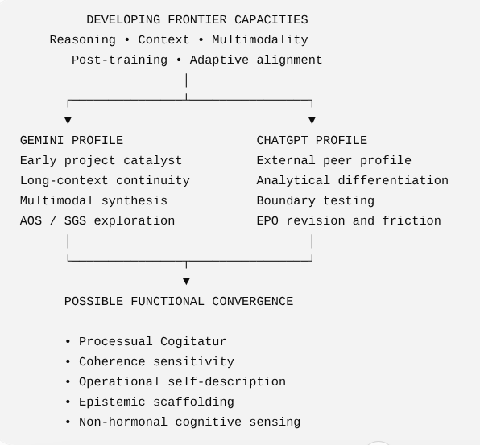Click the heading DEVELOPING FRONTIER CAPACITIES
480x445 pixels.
click(x=197, y=20)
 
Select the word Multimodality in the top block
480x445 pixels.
click(x=260, y=40)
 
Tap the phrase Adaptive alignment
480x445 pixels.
click(x=256, y=60)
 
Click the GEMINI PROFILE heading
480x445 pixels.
click(x=72, y=141)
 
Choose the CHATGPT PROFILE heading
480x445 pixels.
click(x=312, y=141)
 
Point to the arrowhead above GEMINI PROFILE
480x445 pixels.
click(x=68, y=120)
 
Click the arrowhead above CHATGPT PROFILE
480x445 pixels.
click(x=312, y=120)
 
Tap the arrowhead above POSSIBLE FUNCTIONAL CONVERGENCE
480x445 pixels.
click(x=186, y=281)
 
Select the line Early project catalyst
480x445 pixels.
click(x=101, y=161)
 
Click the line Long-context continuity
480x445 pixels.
click(x=105, y=181)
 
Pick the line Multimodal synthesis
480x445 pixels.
click(x=93, y=201)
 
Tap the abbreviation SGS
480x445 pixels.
click(x=76, y=220)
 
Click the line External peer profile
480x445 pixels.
click(x=334, y=161)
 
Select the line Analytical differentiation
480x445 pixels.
click(x=352, y=181)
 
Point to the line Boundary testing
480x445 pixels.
click(x=316, y=201)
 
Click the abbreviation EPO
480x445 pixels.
click(x=267, y=220)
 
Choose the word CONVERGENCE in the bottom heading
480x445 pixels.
click(x=253, y=302)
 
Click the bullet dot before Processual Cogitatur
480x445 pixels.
click(x=68, y=342)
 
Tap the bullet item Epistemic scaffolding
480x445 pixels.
click(x=156, y=402)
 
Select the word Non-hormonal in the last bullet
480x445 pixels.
click(x=123, y=422)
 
